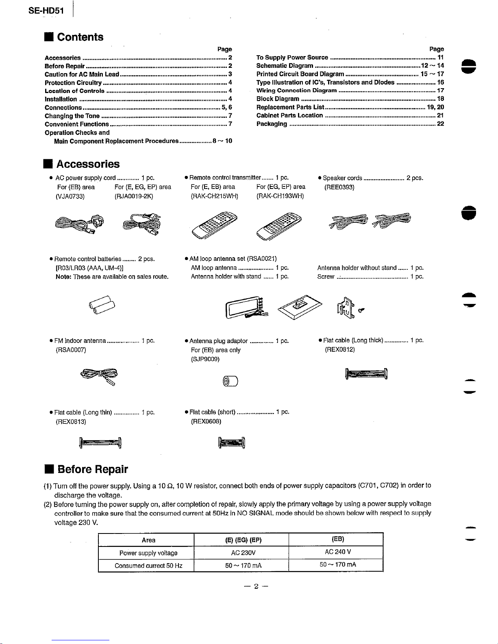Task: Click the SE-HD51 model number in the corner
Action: (x=46, y=11)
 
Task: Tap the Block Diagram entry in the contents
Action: (x=278, y=99)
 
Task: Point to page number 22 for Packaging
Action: (x=440, y=124)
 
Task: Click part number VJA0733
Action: (x=70, y=196)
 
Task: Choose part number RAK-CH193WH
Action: (x=280, y=196)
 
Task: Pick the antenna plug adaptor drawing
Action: (x=230, y=381)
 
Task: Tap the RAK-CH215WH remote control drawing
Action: (x=214, y=226)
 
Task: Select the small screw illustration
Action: (x=361, y=310)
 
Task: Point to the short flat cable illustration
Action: (x=232, y=442)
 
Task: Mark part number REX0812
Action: (x=340, y=349)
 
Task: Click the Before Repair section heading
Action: (x=92, y=469)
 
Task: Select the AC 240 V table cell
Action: (x=337, y=552)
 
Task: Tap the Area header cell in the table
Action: (x=148, y=540)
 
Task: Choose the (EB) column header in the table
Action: (x=337, y=539)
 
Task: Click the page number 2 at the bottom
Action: (x=256, y=586)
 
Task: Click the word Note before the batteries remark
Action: (x=63, y=277)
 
